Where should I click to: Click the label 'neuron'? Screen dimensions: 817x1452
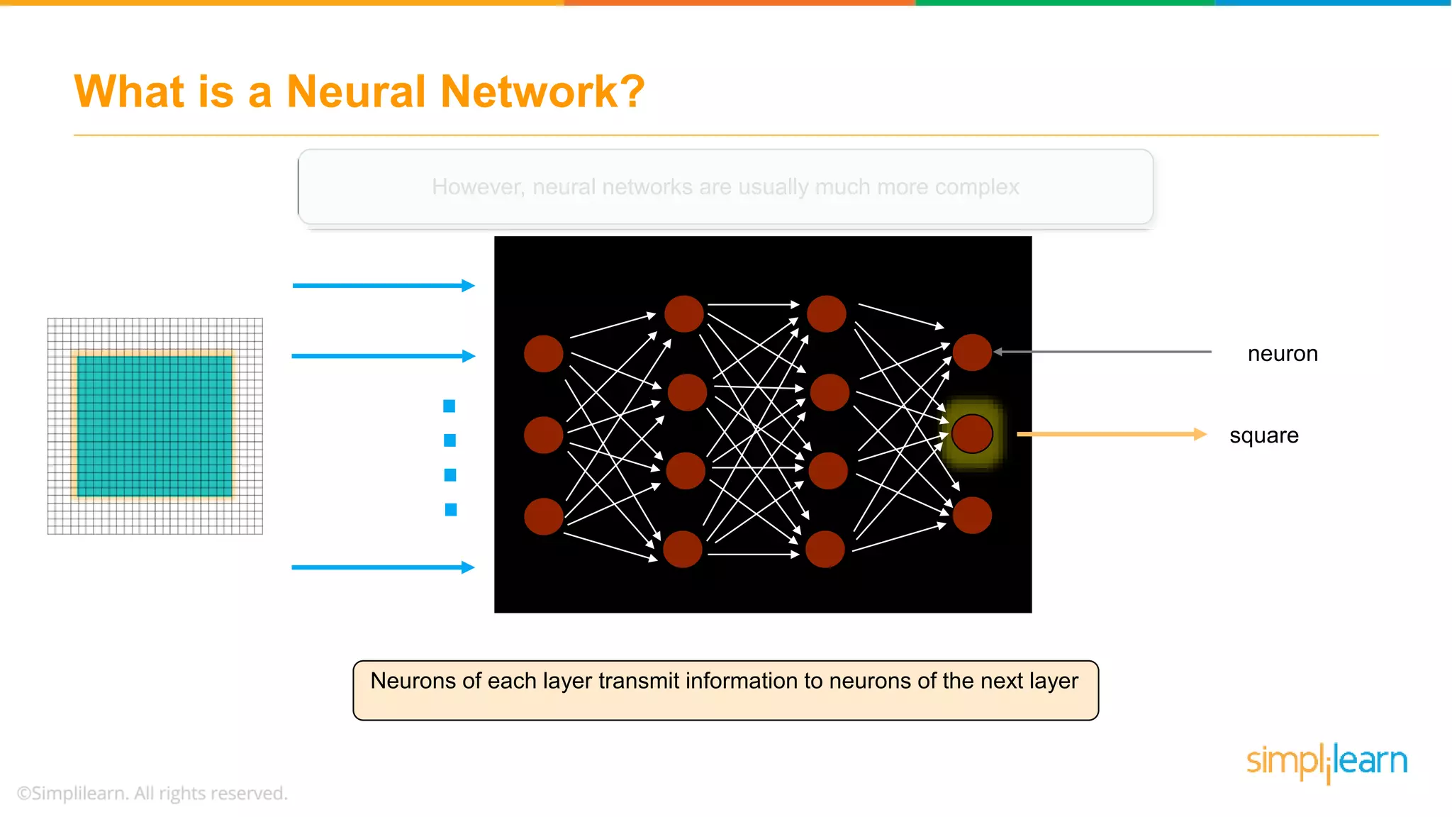point(1282,353)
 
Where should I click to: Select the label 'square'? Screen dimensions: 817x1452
point(1263,435)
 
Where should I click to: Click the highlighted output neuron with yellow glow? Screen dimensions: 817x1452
point(972,434)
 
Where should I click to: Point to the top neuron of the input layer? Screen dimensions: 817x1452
point(544,354)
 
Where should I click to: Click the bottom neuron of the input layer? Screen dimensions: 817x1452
point(544,516)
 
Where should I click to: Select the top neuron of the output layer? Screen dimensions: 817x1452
point(972,352)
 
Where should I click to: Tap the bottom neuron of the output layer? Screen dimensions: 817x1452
point(972,515)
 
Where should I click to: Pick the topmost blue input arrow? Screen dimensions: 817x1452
point(383,286)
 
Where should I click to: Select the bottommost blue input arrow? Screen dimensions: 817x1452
point(383,567)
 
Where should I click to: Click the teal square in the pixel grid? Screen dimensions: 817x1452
point(155,426)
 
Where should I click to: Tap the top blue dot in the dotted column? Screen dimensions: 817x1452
point(449,406)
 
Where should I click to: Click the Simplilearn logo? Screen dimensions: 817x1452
point(1327,762)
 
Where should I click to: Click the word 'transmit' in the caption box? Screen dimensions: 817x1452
point(638,681)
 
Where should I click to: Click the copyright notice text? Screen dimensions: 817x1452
point(152,793)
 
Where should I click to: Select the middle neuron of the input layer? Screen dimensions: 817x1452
point(544,435)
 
